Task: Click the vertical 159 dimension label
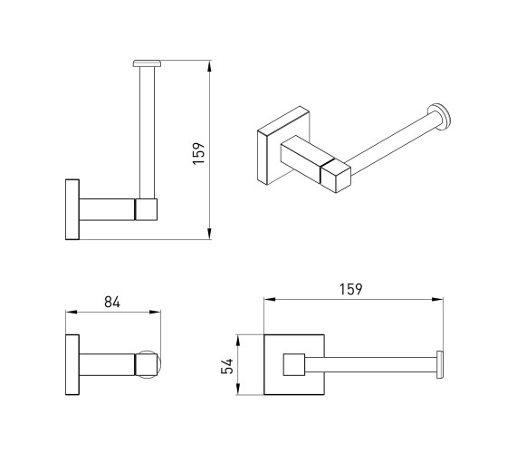coord(199,153)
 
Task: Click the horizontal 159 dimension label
coord(351,289)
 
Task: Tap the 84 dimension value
coord(112,303)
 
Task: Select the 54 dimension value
coord(227,366)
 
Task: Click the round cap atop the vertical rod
coord(147,63)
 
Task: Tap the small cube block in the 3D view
coord(335,176)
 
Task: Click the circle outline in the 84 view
coord(159,364)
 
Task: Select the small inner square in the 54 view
coord(294,364)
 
